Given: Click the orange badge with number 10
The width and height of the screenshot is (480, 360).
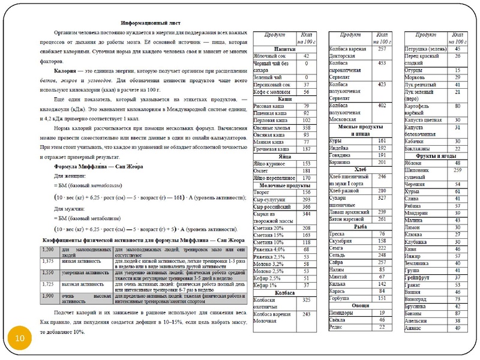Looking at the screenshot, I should pyautogui.click(x=20, y=340).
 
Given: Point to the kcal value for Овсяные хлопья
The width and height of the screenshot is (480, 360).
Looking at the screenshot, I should pyautogui.click(x=306, y=128).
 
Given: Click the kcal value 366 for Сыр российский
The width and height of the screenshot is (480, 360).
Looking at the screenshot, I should pyautogui.click(x=306, y=206).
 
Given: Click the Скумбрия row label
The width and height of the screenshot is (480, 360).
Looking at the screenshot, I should pyautogui.click(x=342, y=241).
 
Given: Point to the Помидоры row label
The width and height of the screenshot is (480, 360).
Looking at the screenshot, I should pyautogui.click(x=343, y=313).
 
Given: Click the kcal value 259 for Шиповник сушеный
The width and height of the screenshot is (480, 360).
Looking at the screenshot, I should pyautogui.click(x=457, y=170).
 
